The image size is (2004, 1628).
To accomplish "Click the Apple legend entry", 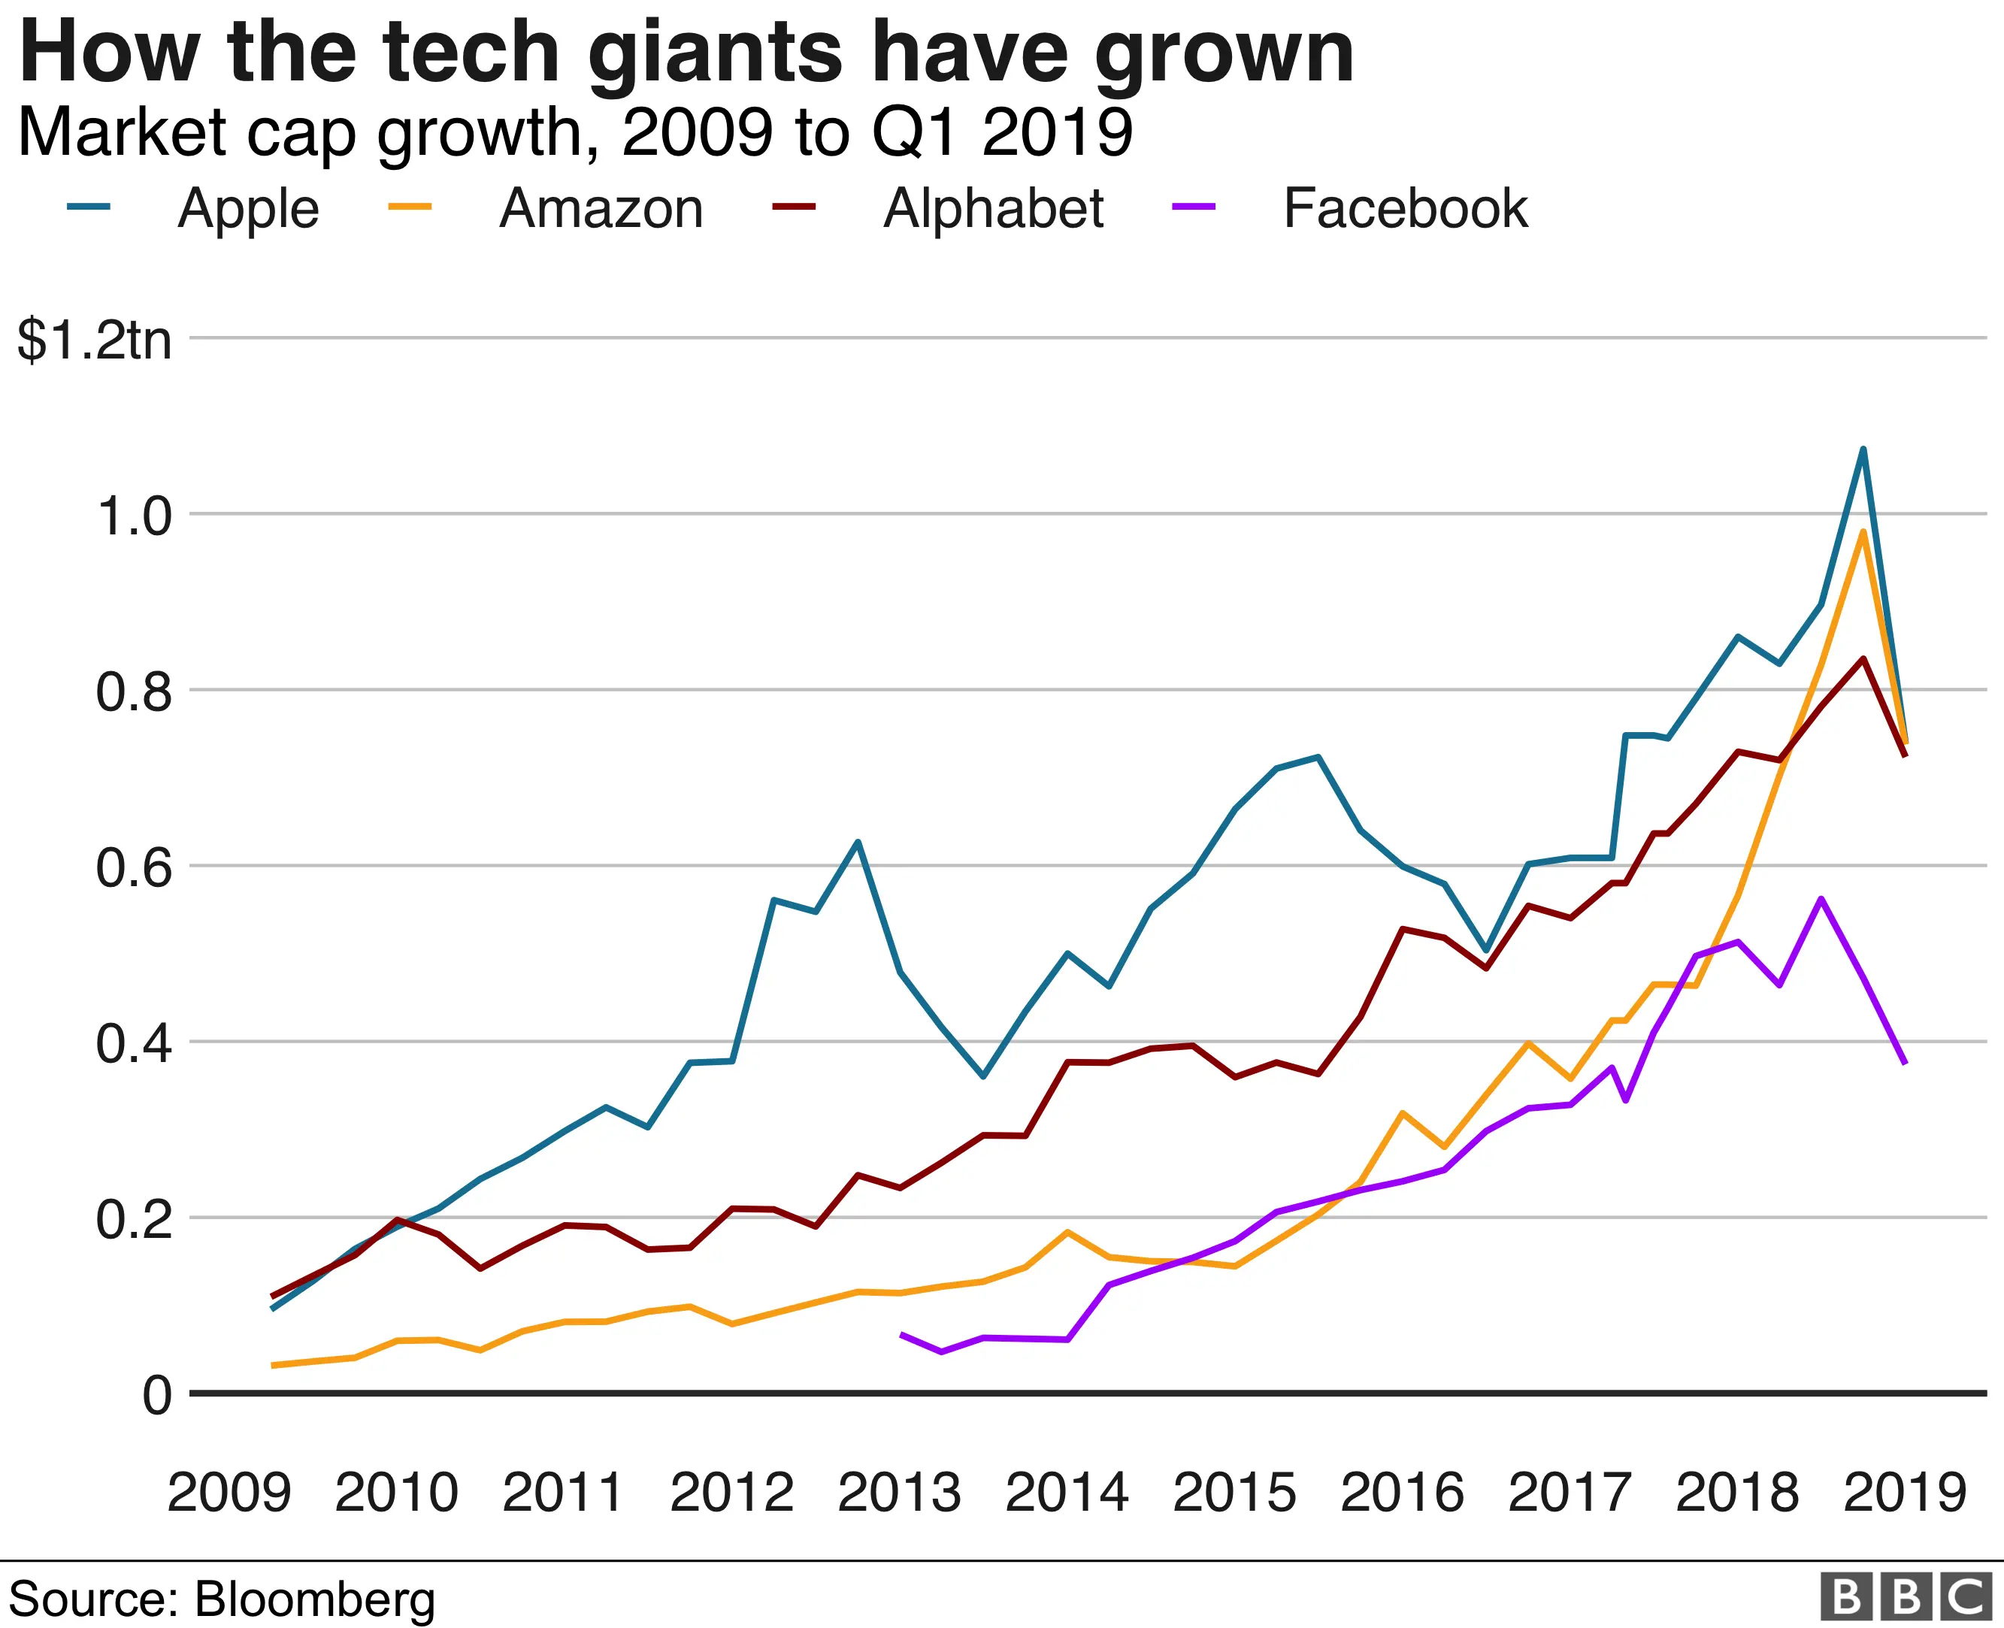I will [247, 208].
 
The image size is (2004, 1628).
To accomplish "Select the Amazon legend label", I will [600, 208].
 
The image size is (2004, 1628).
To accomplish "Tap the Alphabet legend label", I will [993, 208].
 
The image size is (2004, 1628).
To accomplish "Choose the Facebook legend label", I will [1405, 208].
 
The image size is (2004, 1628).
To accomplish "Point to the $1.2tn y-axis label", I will [95, 340].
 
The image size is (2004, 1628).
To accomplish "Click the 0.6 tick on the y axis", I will [134, 867].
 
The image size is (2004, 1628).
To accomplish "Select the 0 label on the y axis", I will [156, 1397].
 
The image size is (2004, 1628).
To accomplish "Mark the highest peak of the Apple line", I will [1863, 449].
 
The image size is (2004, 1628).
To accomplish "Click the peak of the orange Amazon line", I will [1863, 531].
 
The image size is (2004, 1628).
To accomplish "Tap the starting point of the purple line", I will [901, 1333].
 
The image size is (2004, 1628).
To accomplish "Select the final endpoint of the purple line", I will [1905, 1063].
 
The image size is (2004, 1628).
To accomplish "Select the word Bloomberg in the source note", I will [315, 1599].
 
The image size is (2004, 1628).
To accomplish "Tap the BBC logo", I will [1905, 1598].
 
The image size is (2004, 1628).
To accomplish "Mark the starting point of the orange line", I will [272, 1366].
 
